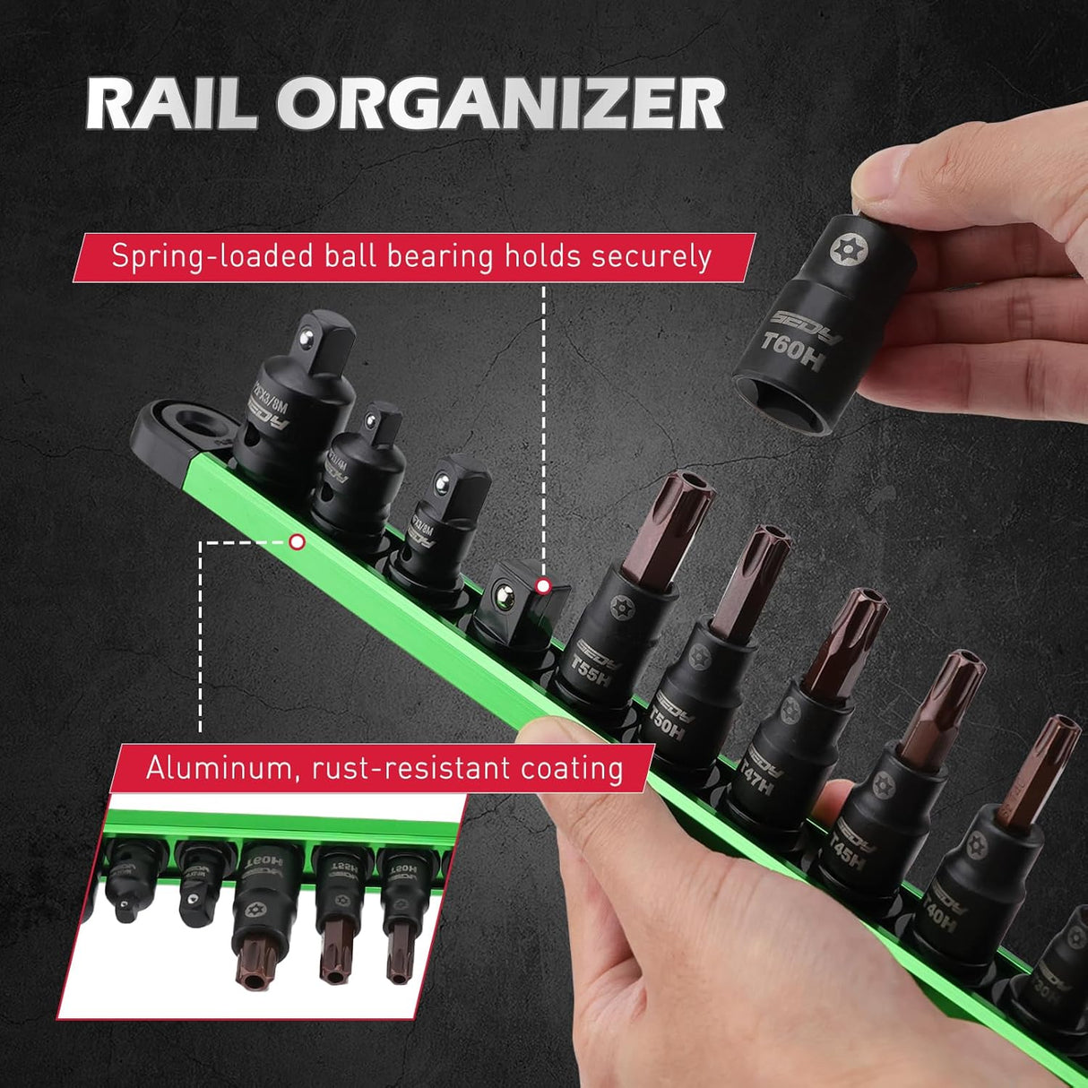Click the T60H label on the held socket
791,351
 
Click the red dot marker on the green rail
298,542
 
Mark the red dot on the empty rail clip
542,586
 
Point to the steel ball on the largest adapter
307,335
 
